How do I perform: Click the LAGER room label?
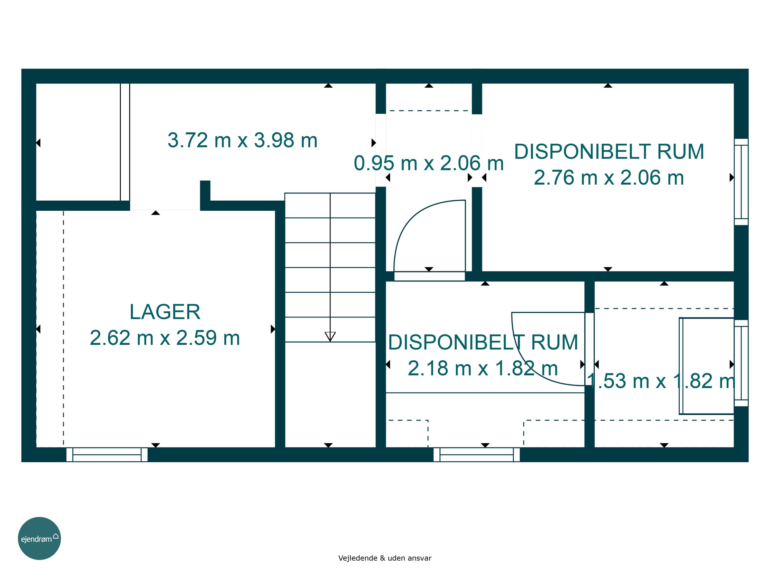165,312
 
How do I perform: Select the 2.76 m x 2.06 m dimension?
609,178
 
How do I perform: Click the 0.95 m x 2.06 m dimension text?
429,163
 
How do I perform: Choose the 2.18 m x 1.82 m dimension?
483,368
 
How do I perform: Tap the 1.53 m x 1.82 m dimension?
661,381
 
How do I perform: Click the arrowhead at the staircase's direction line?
330,337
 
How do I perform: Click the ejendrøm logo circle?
39,538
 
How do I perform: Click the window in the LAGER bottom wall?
107,455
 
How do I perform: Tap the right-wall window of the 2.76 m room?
741,182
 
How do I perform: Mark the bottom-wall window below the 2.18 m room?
477,455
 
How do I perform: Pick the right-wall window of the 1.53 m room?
741,363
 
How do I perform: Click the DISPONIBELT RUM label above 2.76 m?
609,152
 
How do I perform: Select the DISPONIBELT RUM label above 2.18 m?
483,342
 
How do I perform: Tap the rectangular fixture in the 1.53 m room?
706,366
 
